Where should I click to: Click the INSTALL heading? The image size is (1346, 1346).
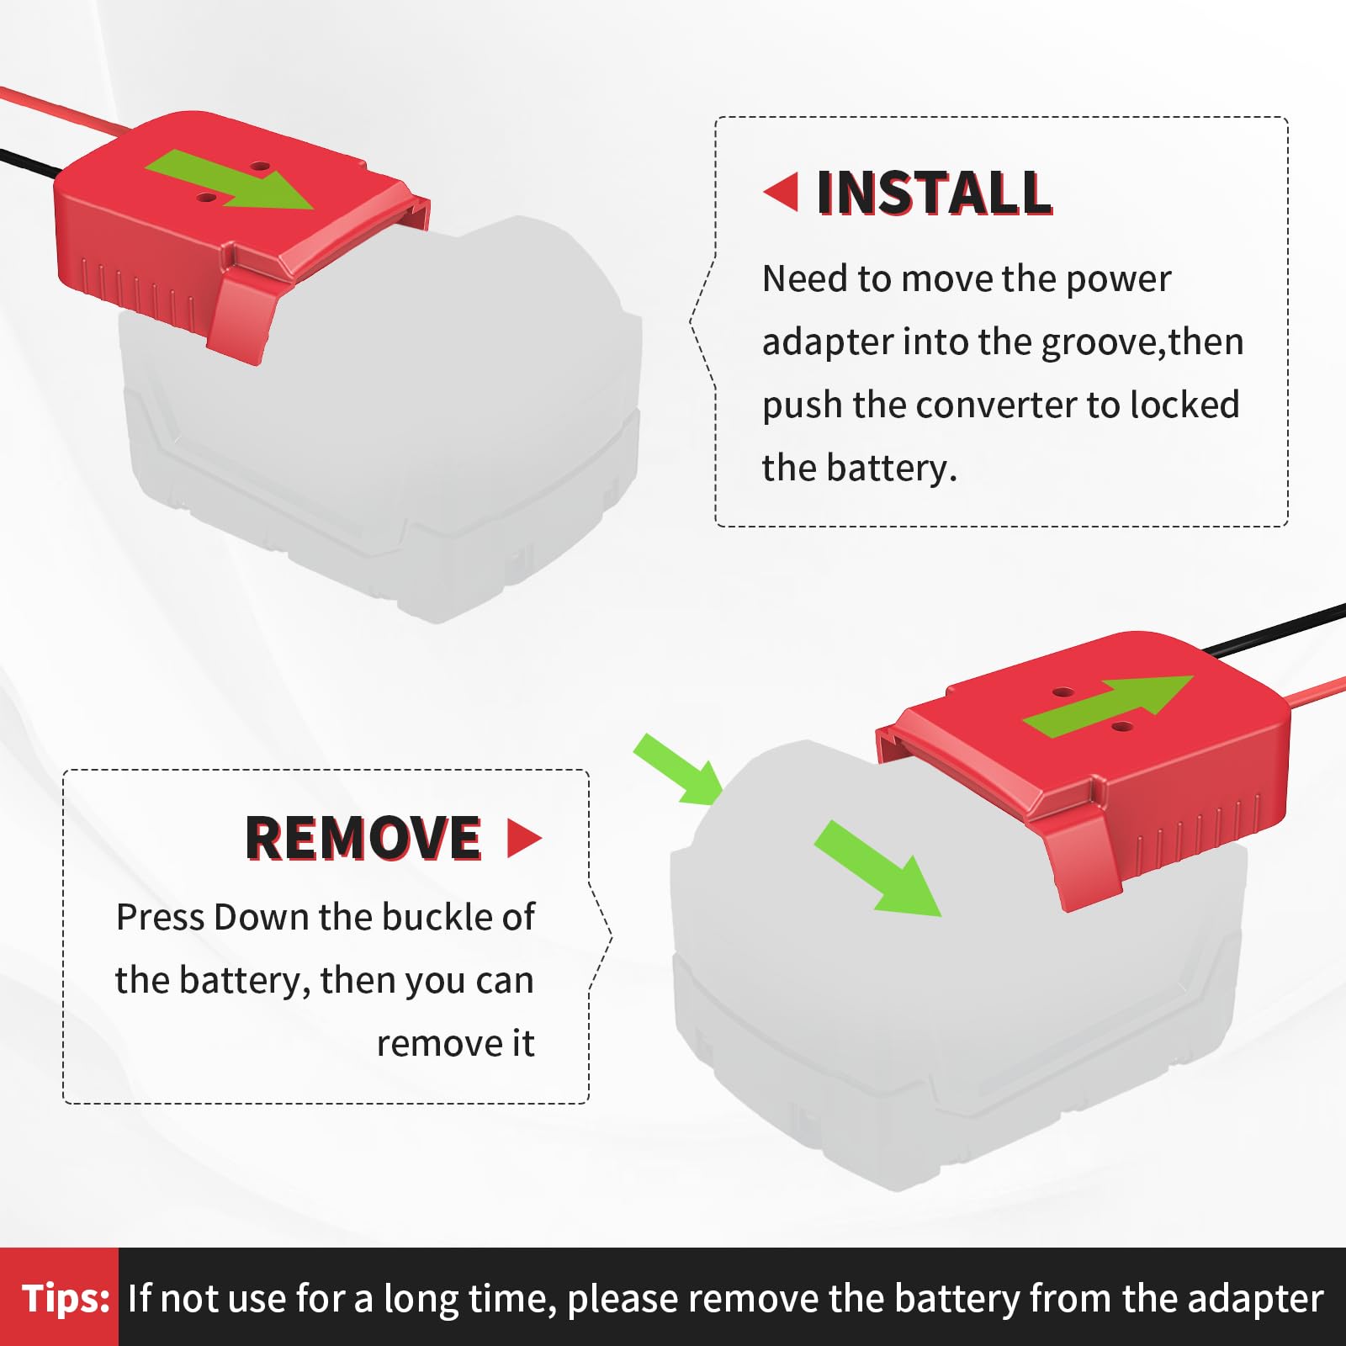click(x=934, y=193)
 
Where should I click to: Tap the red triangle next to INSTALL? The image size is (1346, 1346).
click(x=782, y=192)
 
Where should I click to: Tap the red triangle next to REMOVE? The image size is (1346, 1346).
click(x=523, y=838)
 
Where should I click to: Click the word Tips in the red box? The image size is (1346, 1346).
click(x=66, y=1298)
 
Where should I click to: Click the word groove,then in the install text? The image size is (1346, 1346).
click(x=1142, y=342)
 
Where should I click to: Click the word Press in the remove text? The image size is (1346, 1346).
click(x=160, y=917)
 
